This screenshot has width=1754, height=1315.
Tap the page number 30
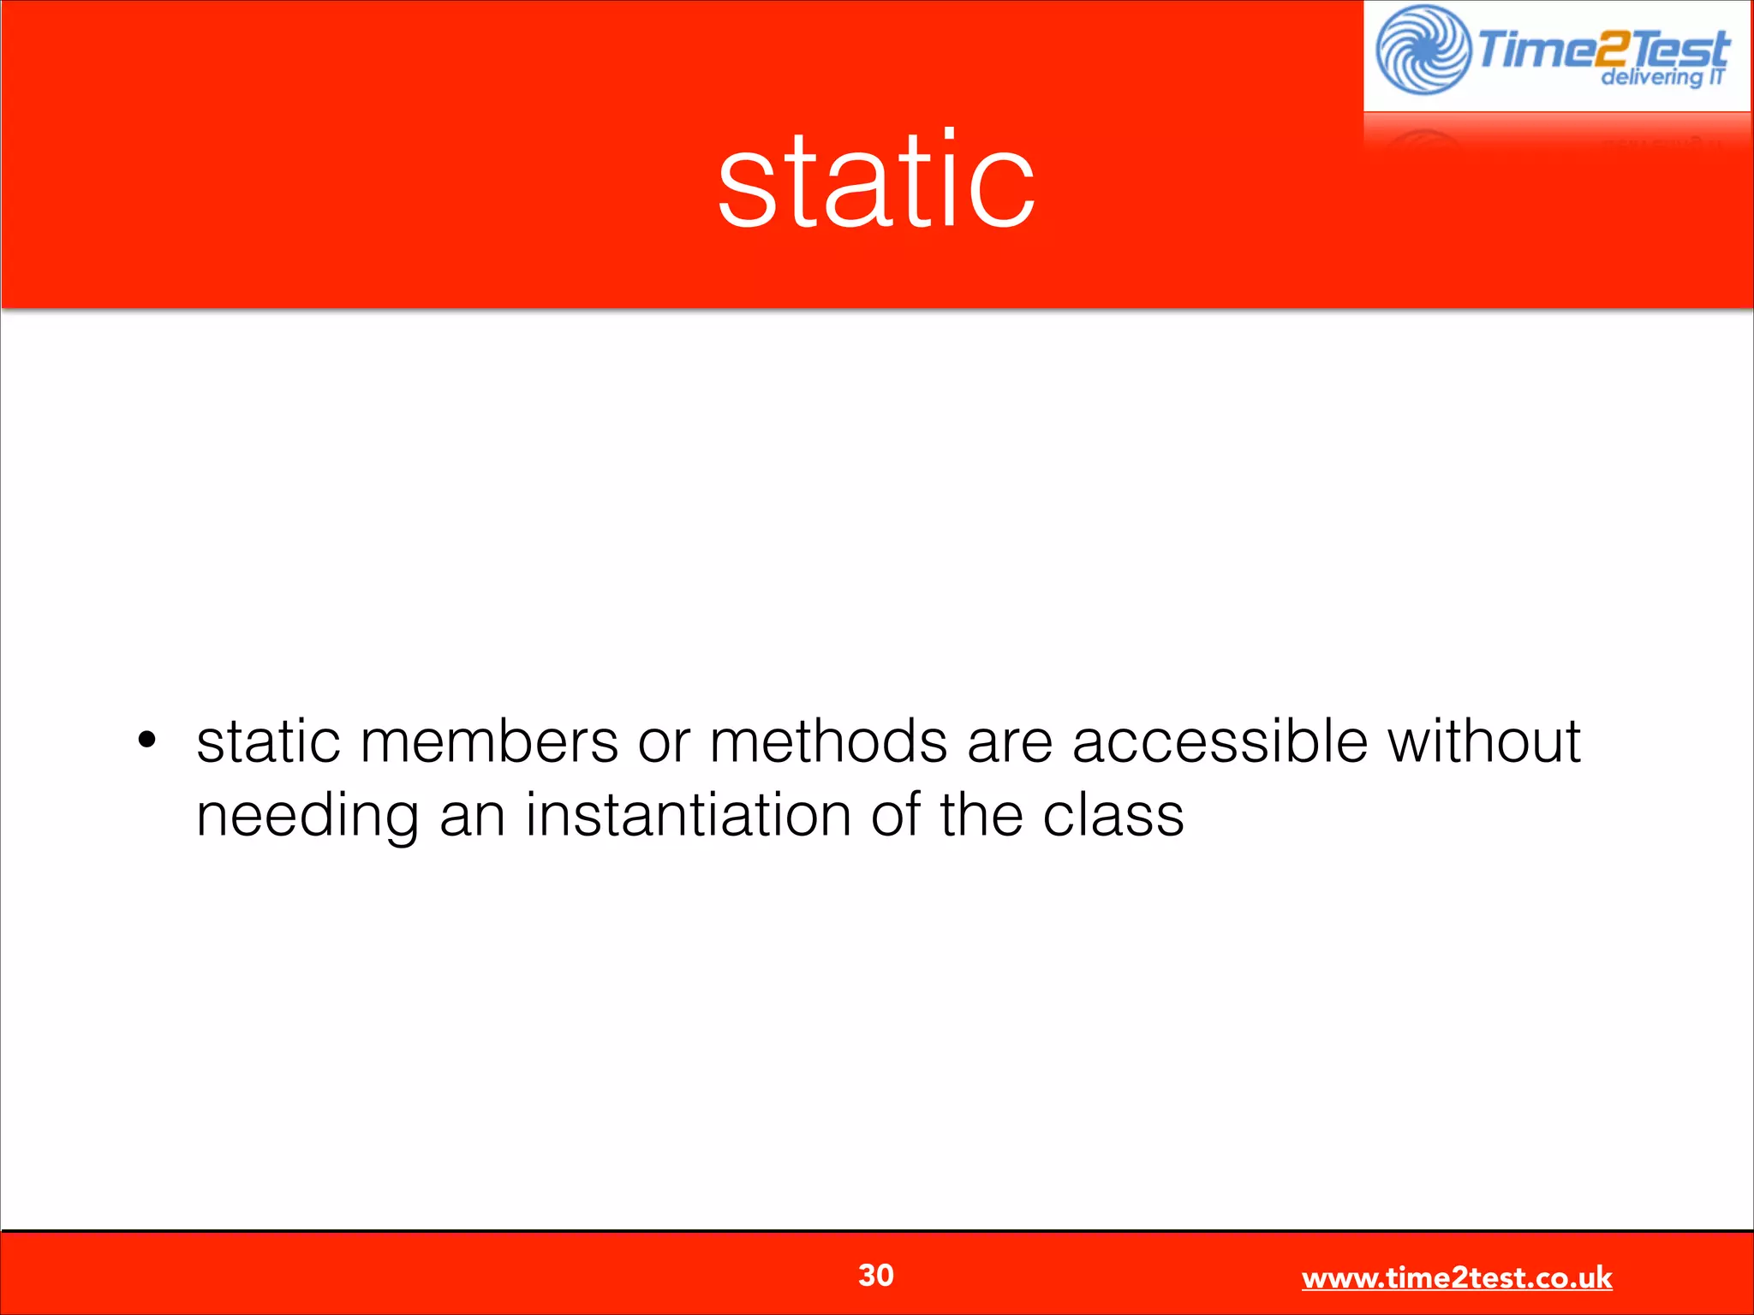pos(875,1275)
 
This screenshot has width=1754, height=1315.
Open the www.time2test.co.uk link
pos(1456,1277)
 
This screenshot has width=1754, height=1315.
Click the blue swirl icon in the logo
pos(1423,50)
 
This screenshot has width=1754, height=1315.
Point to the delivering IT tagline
pos(1662,77)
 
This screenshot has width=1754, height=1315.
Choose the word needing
pos(307,817)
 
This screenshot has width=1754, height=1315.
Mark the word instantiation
pos(688,815)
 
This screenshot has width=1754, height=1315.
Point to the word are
pos(1010,743)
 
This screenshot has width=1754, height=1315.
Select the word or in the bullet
pos(664,743)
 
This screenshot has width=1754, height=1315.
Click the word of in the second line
pos(896,815)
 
